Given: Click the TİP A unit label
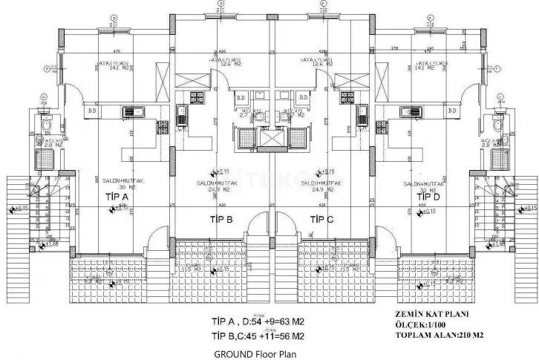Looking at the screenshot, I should pos(117,197).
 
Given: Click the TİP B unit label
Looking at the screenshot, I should pos(220,219).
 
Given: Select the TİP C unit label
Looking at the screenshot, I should pos(321,219).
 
